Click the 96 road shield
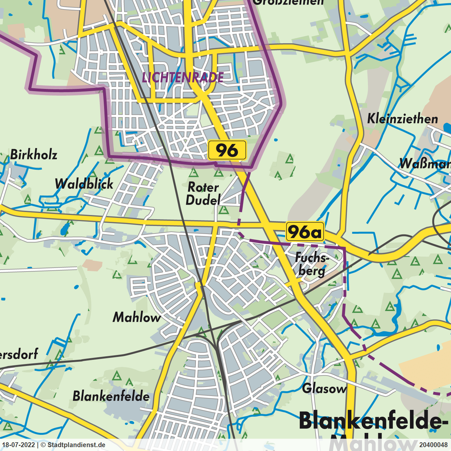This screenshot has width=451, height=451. coord(227,150)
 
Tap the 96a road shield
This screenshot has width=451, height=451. coord(305,231)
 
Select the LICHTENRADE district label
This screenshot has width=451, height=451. coord(183,78)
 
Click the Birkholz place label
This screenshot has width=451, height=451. coord(34,155)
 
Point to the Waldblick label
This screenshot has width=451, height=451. coord(84,184)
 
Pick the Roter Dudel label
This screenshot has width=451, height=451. coord(203,194)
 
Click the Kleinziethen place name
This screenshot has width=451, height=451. coord(403,119)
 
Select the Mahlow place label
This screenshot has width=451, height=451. coord(137,317)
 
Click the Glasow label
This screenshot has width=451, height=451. coord(324,388)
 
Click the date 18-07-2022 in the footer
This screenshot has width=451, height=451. coord(19,445)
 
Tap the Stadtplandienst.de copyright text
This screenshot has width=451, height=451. coord(76,445)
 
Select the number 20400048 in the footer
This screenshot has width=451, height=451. coord(434,445)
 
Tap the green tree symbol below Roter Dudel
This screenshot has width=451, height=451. coord(223,210)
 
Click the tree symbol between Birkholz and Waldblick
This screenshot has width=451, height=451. coord(99,151)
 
